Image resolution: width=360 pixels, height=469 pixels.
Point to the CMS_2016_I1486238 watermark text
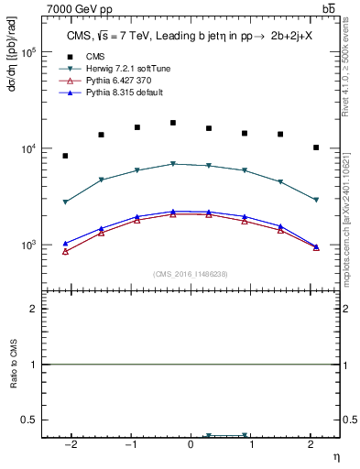[x=190, y=274]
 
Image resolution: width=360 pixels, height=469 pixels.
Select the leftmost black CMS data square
[x=65, y=156]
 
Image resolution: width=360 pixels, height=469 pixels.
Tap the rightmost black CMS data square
[x=316, y=147]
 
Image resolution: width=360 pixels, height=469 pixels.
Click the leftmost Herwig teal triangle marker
[x=65, y=202]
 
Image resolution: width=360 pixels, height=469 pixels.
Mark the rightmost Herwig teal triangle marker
[x=316, y=200]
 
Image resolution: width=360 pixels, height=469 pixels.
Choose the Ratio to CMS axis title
[x=13, y=365]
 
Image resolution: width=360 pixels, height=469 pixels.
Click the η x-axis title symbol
[x=334, y=455]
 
